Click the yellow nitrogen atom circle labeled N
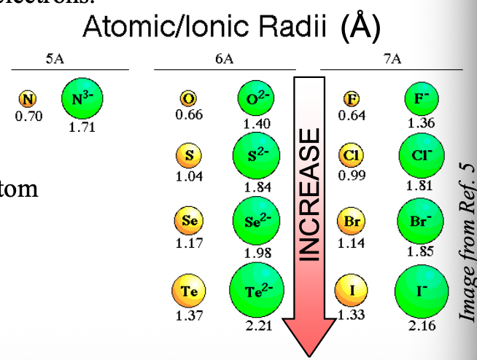click(x=29, y=100)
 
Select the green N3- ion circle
click(x=82, y=98)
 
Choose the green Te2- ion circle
click(x=256, y=291)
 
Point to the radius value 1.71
click(x=82, y=128)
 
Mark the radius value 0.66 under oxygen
click(x=189, y=114)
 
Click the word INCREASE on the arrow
click(x=309, y=194)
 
